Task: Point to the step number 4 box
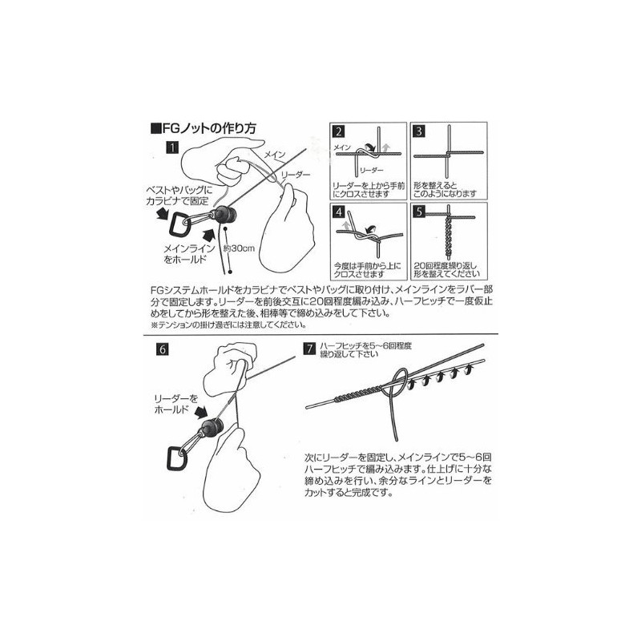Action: pos(339,213)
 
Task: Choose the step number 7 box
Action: pos(309,349)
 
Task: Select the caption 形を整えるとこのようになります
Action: pos(444,189)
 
